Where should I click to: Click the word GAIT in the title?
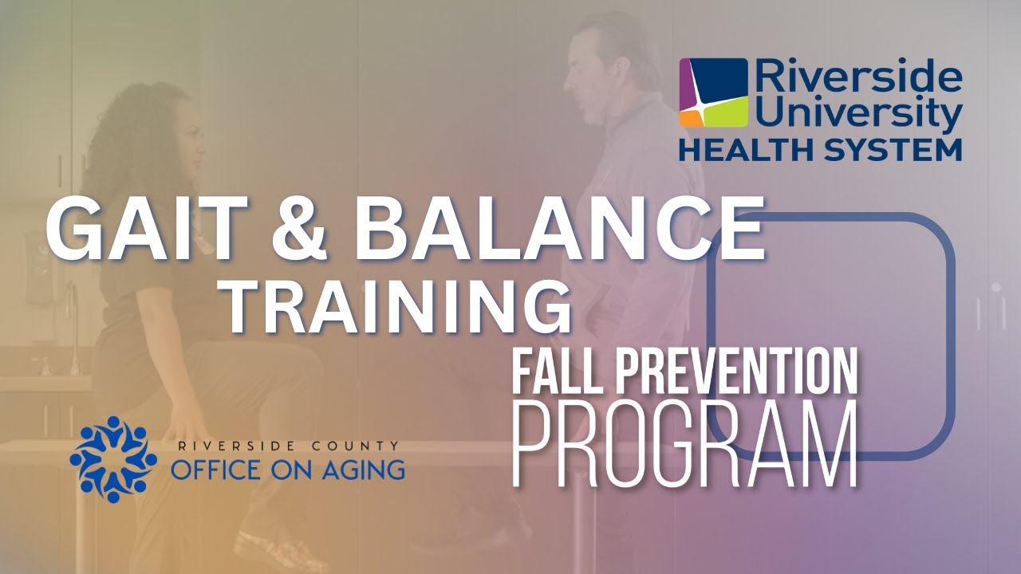coord(146,229)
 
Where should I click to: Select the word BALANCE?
coord(559,229)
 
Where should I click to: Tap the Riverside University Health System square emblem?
coord(714,92)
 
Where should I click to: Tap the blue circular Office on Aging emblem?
coord(113,458)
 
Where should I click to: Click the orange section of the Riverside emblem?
coord(689,117)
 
